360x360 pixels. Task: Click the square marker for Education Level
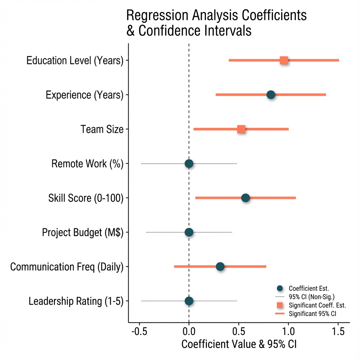[284, 60]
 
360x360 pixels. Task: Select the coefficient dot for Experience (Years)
[271, 95]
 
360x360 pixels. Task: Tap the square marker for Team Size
[241, 129]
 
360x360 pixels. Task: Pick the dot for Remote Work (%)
[189, 163]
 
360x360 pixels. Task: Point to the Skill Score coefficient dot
[245, 198]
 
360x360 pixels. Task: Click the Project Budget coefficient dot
[189, 232]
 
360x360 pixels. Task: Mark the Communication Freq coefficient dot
[220, 266]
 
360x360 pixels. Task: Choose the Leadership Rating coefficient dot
[189, 301]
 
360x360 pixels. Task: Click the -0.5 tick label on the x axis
[139, 332]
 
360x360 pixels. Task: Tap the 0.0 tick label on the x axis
[189, 332]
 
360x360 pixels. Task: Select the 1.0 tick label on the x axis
[288, 332]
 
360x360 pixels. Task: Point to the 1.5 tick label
[338, 332]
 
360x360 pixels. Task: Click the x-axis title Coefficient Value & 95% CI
[239, 345]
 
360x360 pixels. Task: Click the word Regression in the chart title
[155, 16]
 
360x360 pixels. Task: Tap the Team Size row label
[102, 129]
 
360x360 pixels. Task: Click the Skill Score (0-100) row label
[86, 198]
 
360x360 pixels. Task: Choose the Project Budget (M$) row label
[83, 233]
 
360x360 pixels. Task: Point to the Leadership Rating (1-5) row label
[76, 301]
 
